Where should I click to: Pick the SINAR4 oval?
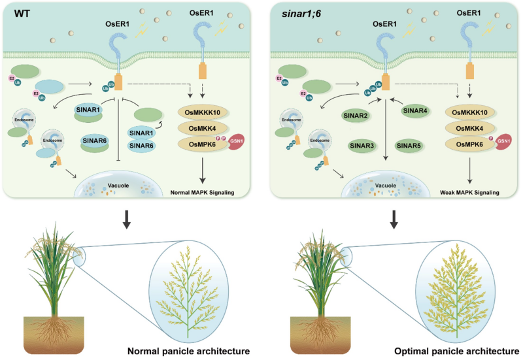[414, 110]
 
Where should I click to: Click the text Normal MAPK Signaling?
[207, 193]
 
